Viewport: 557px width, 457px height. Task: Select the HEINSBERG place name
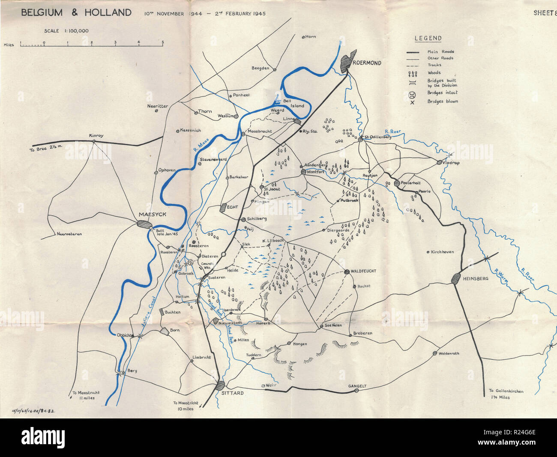476,279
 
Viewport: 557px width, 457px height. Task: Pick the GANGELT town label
357,386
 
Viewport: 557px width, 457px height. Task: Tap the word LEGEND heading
428,38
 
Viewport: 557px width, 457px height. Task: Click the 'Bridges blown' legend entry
443,102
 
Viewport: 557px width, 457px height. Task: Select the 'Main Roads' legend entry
440,52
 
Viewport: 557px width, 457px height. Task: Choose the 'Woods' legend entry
434,73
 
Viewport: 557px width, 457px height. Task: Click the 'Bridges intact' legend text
442,93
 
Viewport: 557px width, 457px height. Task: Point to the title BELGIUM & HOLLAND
76,12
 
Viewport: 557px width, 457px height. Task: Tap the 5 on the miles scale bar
162,42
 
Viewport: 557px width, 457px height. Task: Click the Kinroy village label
96,136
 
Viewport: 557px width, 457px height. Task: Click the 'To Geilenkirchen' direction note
506,391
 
